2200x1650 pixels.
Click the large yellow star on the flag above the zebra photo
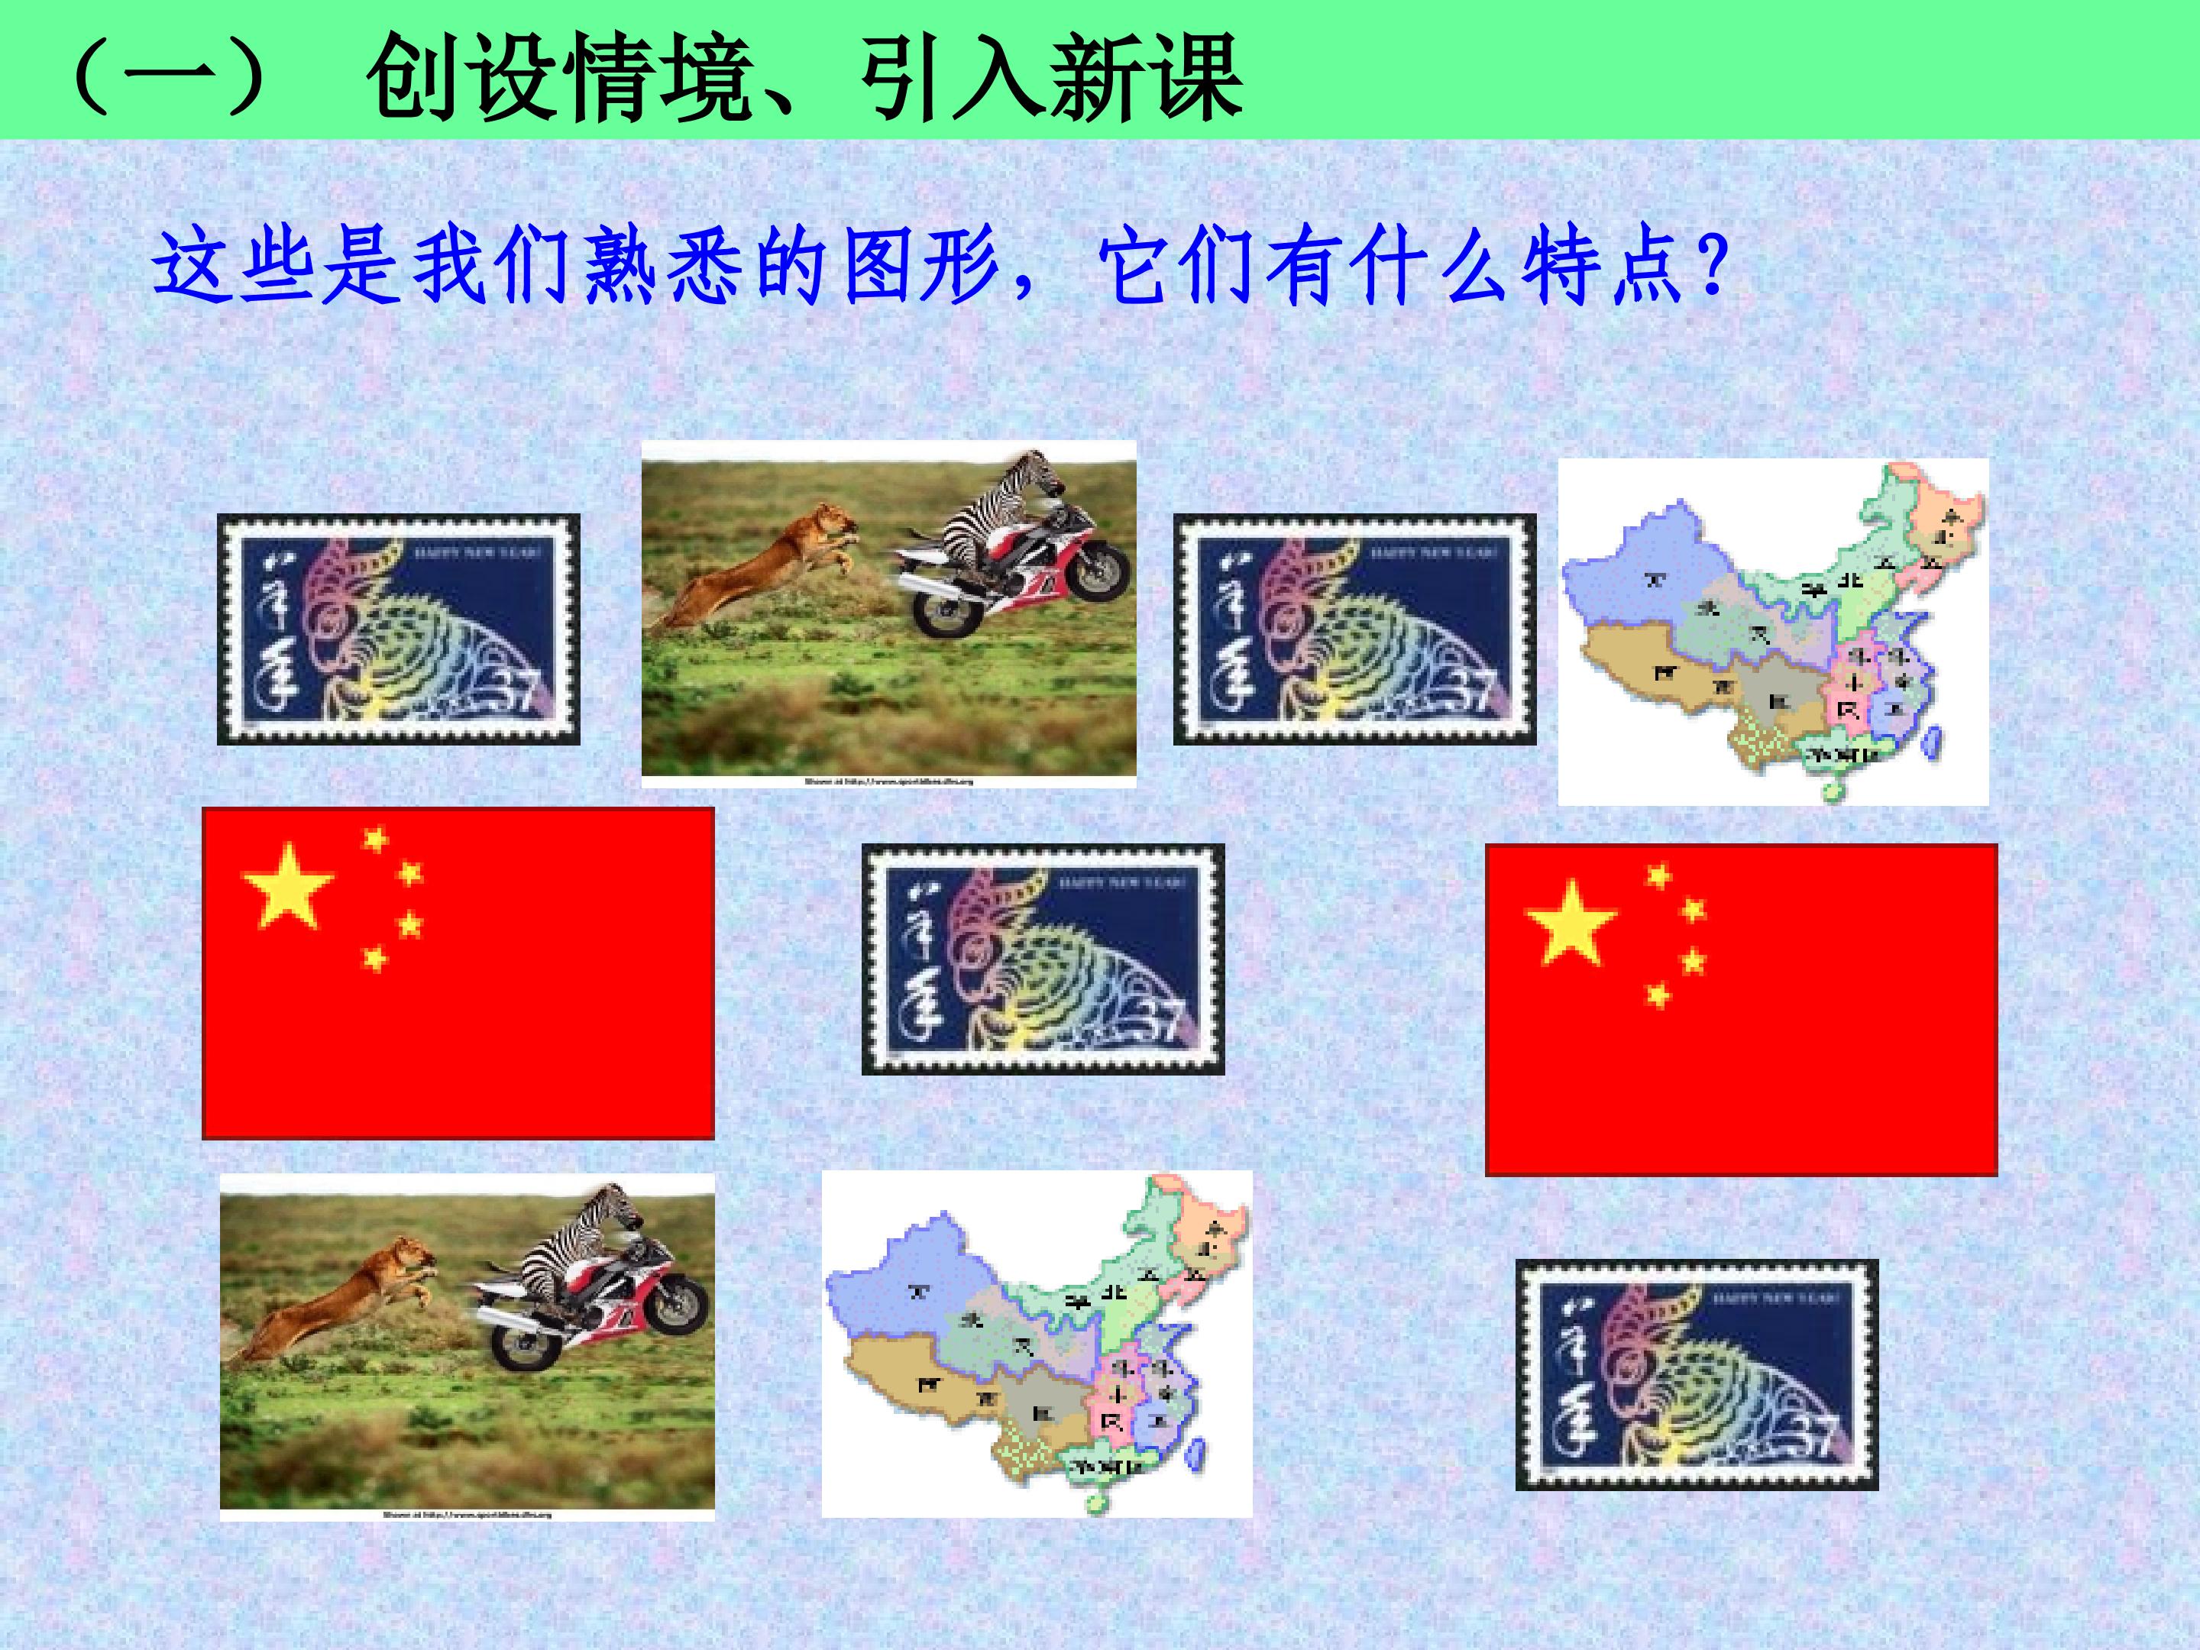coord(286,885)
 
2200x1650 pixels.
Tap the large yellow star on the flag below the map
coord(1571,922)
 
